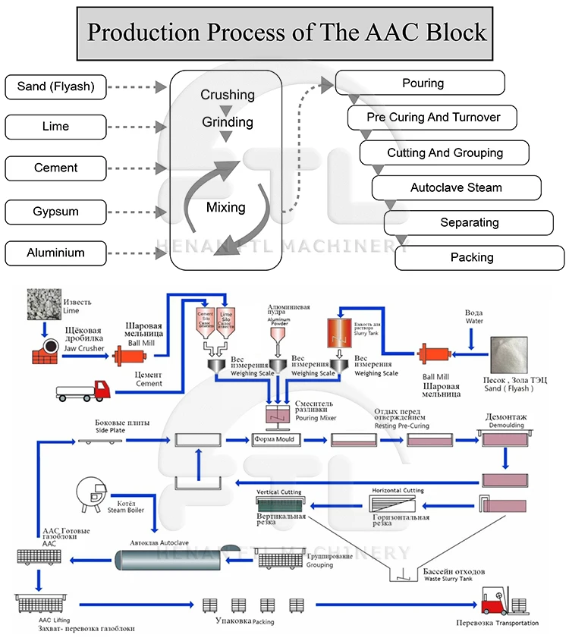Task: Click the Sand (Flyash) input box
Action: tap(55, 86)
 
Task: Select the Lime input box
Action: tap(55, 127)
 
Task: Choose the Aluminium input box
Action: tap(55, 253)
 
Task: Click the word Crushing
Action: tap(227, 95)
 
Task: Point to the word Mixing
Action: tap(225, 207)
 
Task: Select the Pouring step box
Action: tap(422, 83)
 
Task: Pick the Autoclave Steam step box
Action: tap(456, 187)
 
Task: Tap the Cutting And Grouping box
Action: tap(445, 152)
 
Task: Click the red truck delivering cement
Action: tap(83, 391)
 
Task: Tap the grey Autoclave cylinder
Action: tap(178, 560)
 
